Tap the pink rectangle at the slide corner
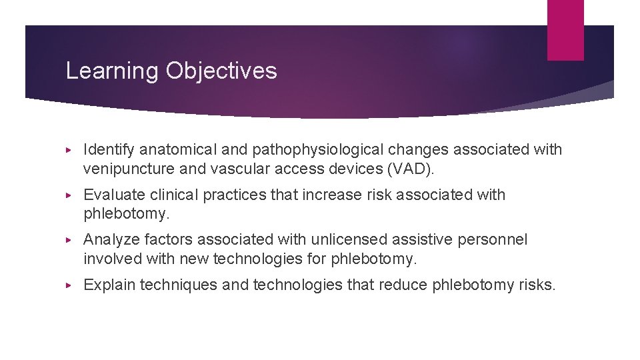tap(565, 30)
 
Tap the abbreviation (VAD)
tap(410, 169)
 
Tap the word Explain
tap(108, 285)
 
